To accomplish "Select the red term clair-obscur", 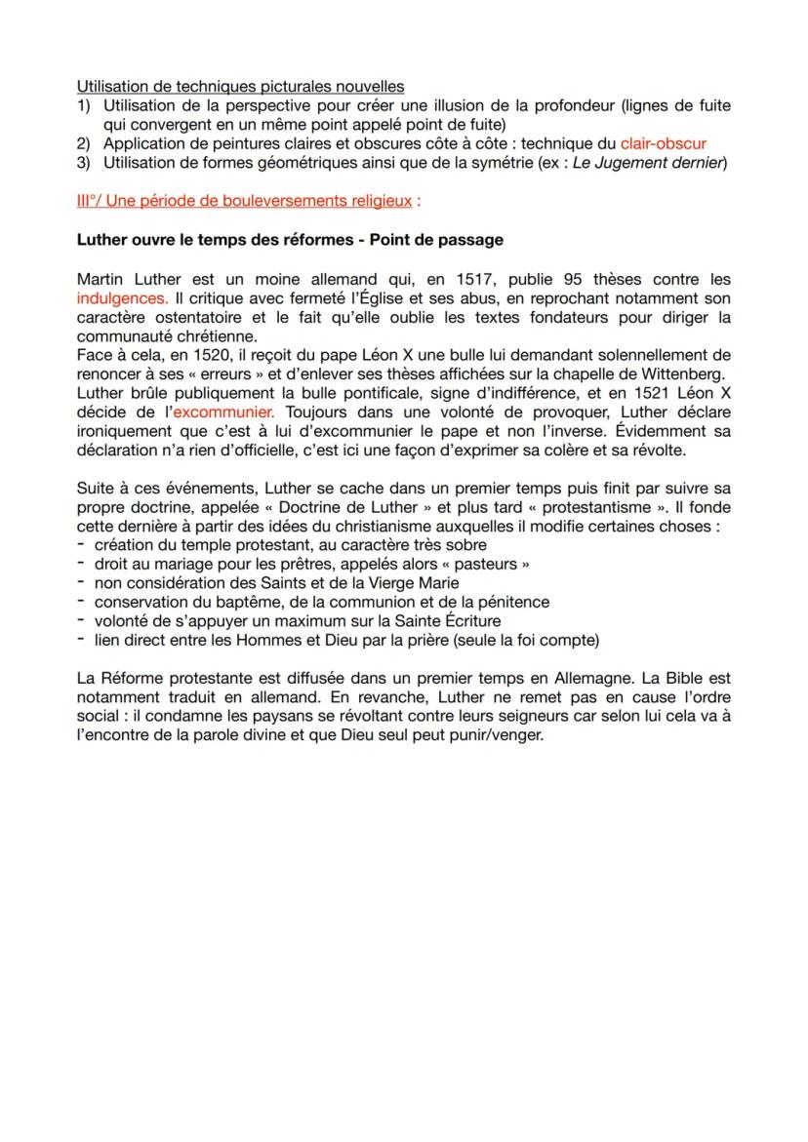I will click(663, 142).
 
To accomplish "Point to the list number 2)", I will click(84, 142).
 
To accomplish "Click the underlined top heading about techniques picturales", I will click(240, 89).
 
